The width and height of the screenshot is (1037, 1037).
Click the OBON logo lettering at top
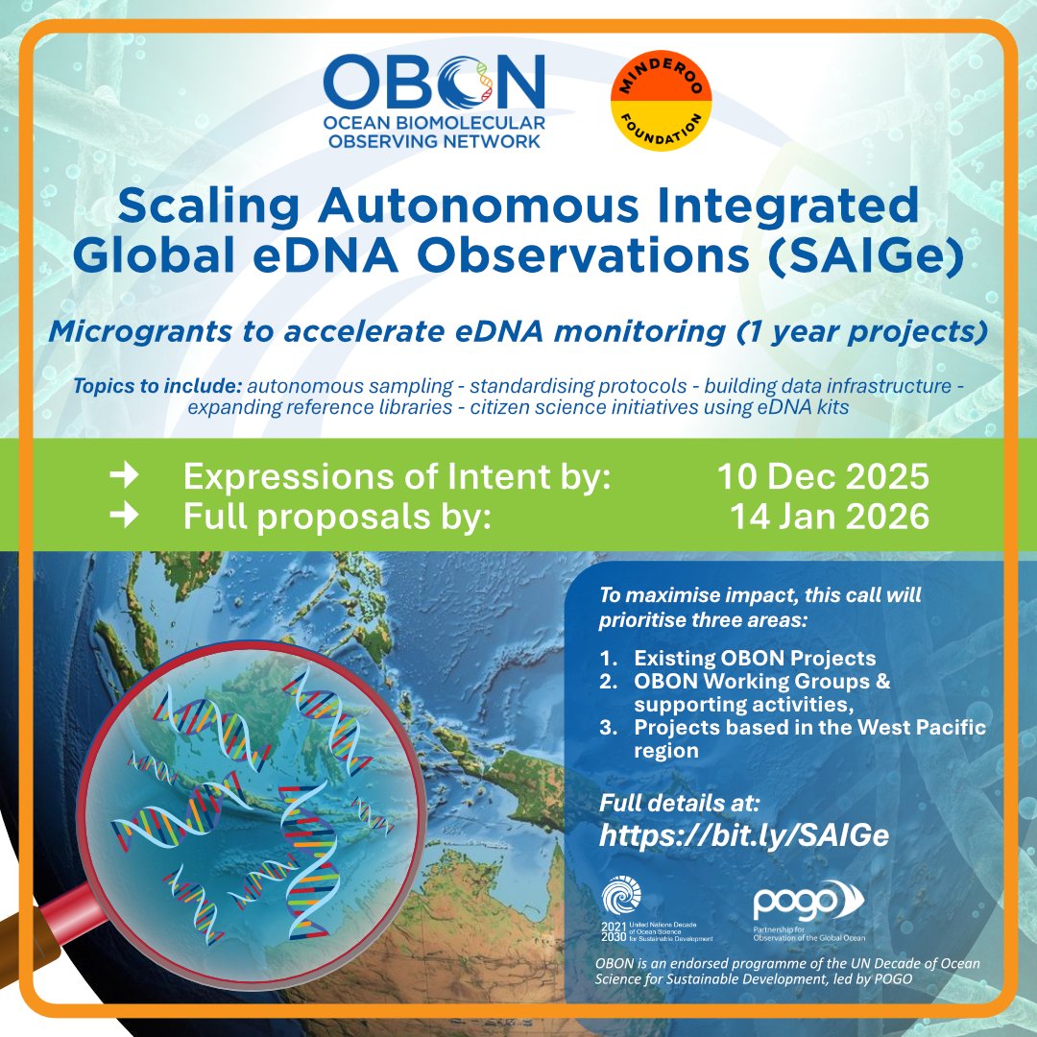pos(434,81)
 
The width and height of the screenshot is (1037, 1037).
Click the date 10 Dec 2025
pos(823,477)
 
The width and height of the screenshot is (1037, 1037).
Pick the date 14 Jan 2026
pos(830,517)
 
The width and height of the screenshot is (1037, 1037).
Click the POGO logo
pos(808,904)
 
